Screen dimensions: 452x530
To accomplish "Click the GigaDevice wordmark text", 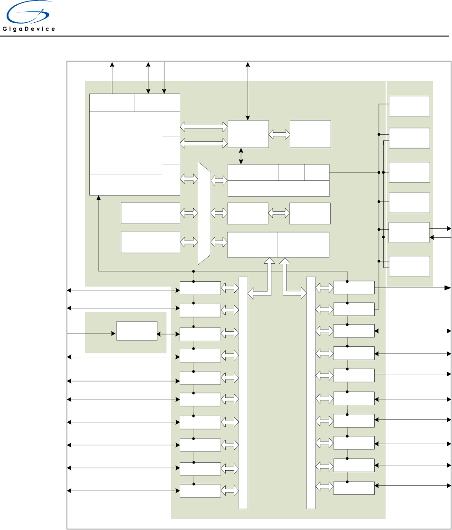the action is (x=29, y=29).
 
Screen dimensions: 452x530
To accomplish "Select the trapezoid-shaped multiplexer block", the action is (x=204, y=214).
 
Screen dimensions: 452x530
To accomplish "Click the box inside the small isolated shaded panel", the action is (x=137, y=331).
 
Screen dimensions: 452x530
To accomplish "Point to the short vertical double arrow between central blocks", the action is (x=241, y=156).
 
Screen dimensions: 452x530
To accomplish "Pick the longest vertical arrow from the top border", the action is (x=248, y=91).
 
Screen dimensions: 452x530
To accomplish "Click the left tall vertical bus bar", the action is (x=243, y=393).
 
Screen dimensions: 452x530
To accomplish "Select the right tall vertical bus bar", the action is (x=311, y=393).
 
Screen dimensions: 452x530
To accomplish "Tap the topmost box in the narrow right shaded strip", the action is (x=409, y=106).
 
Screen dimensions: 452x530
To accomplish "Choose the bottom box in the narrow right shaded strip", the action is (x=409, y=266).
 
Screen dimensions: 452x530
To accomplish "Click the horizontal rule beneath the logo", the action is (x=225, y=36).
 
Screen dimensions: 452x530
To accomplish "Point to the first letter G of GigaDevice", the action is (x=5, y=29).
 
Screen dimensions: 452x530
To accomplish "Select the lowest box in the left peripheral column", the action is (x=200, y=491).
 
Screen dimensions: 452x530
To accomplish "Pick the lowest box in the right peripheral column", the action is (x=354, y=488).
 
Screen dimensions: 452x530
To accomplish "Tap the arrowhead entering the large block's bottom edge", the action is (x=98, y=198).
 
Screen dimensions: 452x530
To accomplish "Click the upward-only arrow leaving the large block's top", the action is (x=112, y=78).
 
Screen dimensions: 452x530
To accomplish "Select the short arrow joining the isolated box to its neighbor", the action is (x=168, y=335).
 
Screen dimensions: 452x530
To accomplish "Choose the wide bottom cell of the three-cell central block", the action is (x=278, y=189).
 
